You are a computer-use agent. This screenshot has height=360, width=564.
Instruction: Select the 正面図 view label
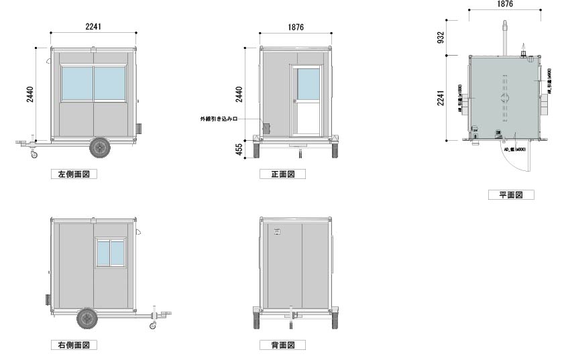(x=282, y=174)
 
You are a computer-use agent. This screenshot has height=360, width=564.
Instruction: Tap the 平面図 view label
(x=511, y=195)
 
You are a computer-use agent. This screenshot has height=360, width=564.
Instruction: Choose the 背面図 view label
(x=282, y=345)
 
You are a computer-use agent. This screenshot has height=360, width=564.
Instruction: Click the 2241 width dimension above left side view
(x=94, y=27)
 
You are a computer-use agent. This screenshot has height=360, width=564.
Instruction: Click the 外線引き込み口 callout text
(x=219, y=119)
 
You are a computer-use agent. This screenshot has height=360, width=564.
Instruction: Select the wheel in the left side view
(x=100, y=147)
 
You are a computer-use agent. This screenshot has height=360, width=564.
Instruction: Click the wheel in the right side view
(x=87, y=318)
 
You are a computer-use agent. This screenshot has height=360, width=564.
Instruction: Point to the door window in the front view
(x=308, y=83)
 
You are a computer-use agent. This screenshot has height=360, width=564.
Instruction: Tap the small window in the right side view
(x=111, y=253)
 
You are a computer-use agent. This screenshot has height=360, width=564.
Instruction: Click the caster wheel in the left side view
(x=32, y=156)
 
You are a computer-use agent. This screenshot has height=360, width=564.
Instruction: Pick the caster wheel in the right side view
(x=153, y=326)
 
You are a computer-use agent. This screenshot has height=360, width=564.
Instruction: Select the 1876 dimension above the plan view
(x=505, y=4)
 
